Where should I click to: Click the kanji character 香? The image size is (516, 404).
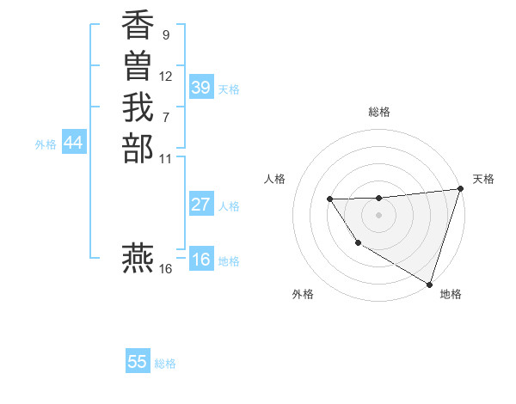(x=138, y=28)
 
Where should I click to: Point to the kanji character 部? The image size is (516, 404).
(x=138, y=148)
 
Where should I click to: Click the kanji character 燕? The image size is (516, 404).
(x=138, y=258)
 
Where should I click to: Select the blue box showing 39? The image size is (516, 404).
(x=201, y=88)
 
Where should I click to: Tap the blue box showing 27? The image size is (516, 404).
(x=201, y=205)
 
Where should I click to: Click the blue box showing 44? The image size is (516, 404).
(x=74, y=144)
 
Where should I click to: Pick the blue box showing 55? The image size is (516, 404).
(x=138, y=362)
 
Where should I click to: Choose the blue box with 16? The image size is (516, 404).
(x=201, y=260)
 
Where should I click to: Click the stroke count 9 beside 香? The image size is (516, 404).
(x=165, y=36)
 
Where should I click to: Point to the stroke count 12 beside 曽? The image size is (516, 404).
(x=166, y=77)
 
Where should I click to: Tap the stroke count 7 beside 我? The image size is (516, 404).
(x=165, y=117)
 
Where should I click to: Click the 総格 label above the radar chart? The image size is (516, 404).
(x=379, y=112)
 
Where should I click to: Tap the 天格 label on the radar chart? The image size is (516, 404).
(x=483, y=179)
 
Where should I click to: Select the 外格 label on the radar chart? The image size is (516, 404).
(x=303, y=295)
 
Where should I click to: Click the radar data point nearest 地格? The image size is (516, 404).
(x=430, y=283)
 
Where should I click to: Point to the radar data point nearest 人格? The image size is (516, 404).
(x=330, y=199)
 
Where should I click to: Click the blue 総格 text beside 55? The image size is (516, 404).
(x=165, y=364)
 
